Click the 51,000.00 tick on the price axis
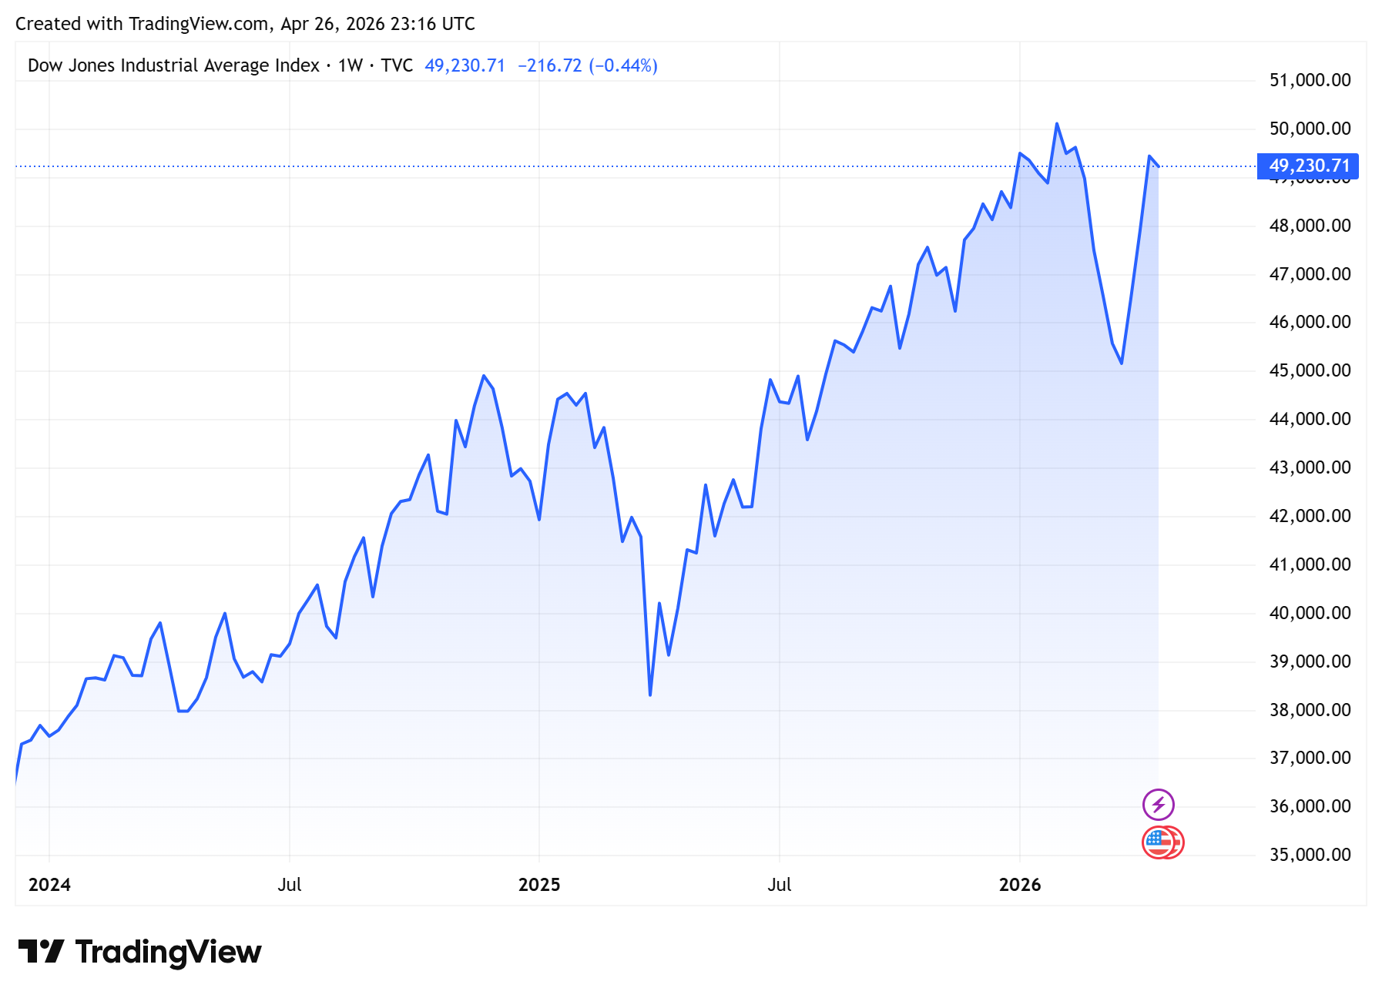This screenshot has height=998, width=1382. tap(1310, 80)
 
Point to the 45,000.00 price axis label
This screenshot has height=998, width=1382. tap(1310, 370)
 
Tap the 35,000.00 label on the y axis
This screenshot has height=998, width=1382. tap(1310, 855)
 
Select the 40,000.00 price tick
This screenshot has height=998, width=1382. tap(1310, 613)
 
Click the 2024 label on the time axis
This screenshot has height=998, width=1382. tap(49, 885)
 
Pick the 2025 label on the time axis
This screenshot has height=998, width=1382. tap(539, 885)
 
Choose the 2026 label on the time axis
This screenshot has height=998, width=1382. tap(1020, 885)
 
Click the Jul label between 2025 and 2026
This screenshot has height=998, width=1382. tap(779, 885)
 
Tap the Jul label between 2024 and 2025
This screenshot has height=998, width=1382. tap(289, 885)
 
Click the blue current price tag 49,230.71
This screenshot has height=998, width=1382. tap(1308, 166)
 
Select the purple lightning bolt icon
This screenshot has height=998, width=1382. tap(1158, 805)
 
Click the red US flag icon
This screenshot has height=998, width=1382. tap(1160, 842)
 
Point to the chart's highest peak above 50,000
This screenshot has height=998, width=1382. tap(1057, 124)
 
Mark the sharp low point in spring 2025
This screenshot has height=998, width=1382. tap(650, 695)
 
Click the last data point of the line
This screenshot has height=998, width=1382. tap(1158, 166)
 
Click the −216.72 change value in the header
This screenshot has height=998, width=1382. tap(549, 65)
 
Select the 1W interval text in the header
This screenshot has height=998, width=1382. tap(350, 65)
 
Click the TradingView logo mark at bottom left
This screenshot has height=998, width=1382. tap(41, 952)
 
